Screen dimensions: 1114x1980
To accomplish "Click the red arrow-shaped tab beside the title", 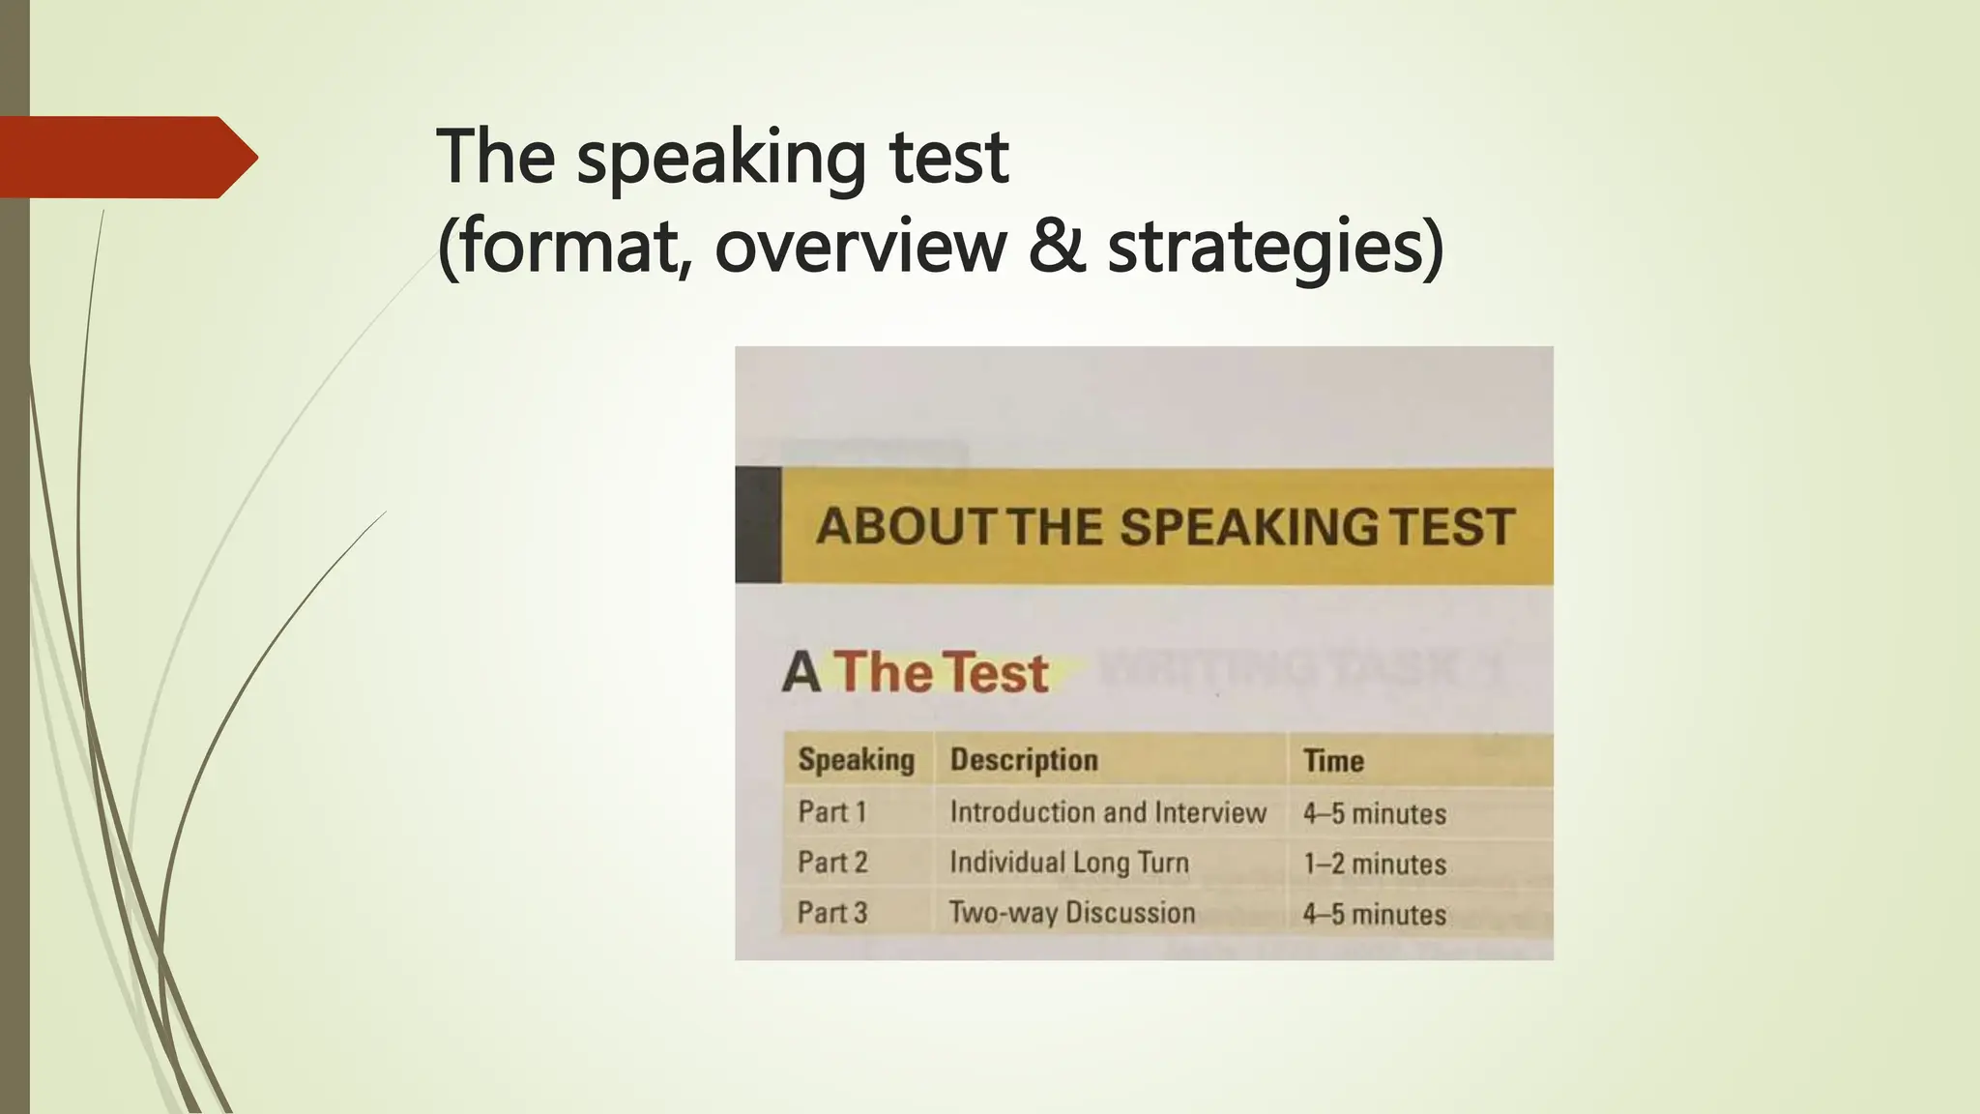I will (x=126, y=157).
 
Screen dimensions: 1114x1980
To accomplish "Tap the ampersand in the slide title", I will (x=1056, y=246).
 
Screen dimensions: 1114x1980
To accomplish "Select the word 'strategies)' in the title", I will (x=1275, y=248).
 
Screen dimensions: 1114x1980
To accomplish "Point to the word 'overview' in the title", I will (x=860, y=246).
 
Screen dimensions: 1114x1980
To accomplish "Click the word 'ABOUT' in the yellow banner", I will (x=905, y=527).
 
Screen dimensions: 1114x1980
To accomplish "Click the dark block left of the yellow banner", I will (x=758, y=525).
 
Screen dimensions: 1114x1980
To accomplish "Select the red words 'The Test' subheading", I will (x=941, y=672).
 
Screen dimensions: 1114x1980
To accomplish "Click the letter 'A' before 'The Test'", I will (x=801, y=673).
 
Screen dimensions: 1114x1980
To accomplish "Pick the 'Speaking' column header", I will (x=856, y=760).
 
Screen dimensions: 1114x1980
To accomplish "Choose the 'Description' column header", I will (x=1024, y=760).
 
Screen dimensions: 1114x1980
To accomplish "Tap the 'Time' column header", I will (x=1333, y=761).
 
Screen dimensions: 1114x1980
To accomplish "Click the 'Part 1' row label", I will (x=831, y=812).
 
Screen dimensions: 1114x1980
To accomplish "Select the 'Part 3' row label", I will (x=832, y=913).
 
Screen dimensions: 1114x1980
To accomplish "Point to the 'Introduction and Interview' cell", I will (x=1107, y=812).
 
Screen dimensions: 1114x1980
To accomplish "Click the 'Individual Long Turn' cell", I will (x=1068, y=863).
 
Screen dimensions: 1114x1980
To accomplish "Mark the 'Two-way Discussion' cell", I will (x=1071, y=913).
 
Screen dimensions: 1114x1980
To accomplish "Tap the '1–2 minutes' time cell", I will (x=1374, y=864).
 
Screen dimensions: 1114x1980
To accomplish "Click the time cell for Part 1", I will (x=1374, y=813).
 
